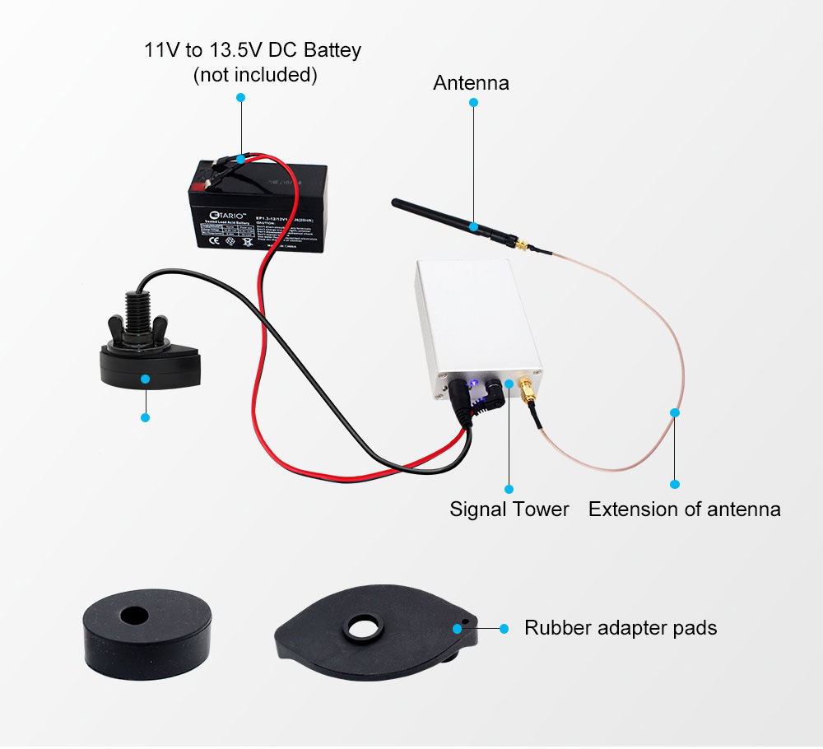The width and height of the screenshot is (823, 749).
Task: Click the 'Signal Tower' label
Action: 509,509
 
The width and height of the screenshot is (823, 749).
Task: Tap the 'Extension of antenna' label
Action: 684,509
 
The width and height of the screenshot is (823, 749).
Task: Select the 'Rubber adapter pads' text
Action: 621,628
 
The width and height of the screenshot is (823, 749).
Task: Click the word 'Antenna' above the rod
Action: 471,83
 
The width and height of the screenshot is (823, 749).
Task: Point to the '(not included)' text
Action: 254,75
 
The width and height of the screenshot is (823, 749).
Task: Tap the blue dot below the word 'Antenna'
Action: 473,103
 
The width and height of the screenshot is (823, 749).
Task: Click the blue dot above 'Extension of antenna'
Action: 675,484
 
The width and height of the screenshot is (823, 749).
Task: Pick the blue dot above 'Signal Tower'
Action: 509,487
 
